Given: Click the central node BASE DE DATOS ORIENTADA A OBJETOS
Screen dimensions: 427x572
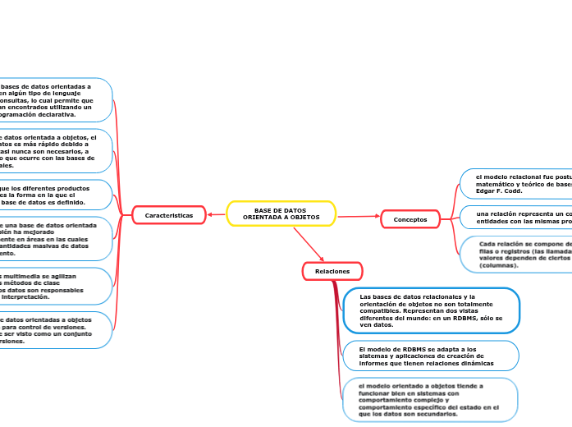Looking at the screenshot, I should click(281, 213).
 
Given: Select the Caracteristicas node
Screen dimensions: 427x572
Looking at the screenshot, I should click(168, 215).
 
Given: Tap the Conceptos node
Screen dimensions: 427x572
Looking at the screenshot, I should click(410, 219).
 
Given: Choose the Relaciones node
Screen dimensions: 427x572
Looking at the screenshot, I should click(332, 271).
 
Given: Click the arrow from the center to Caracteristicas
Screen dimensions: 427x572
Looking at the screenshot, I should click(216, 215).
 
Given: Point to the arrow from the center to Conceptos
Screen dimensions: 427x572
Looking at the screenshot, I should click(359, 217).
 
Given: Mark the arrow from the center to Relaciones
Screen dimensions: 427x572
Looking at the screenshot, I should click(310, 246).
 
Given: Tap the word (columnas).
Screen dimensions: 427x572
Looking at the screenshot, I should click(499, 266).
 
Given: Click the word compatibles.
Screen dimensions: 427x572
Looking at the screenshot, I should click(381, 310).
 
